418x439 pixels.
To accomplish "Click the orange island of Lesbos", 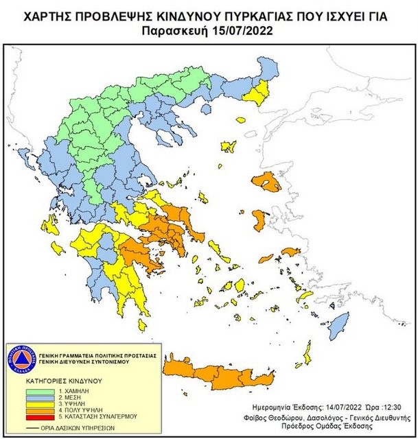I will pyautogui.click(x=266, y=183).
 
